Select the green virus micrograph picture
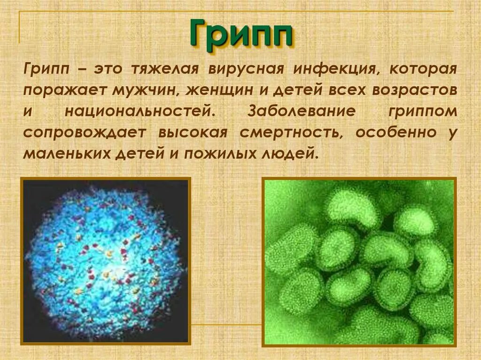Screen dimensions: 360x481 359,260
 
